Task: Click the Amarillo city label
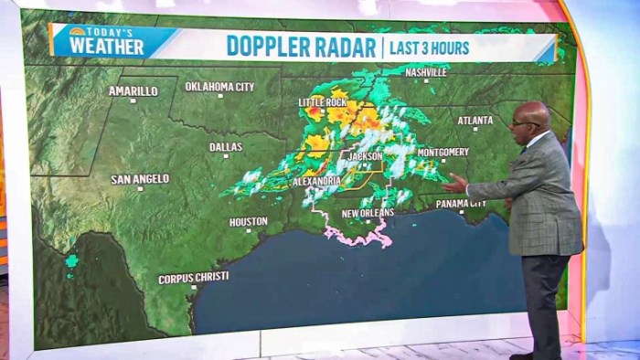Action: tap(133, 90)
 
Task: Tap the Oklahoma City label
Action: tap(219, 87)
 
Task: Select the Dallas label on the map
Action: tap(226, 146)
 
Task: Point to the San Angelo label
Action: tap(140, 179)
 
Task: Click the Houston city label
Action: tap(248, 221)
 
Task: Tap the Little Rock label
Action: tap(323, 102)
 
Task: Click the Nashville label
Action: tap(426, 71)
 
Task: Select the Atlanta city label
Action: tap(475, 120)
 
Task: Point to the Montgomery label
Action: tap(443, 152)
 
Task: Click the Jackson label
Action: tap(365, 156)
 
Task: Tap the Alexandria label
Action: tap(316, 181)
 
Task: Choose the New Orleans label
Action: tap(368, 213)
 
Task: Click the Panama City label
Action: tap(461, 204)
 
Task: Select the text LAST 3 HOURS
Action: tap(430, 47)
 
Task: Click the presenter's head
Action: tap(530, 122)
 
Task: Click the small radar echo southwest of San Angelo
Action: tap(71, 261)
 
